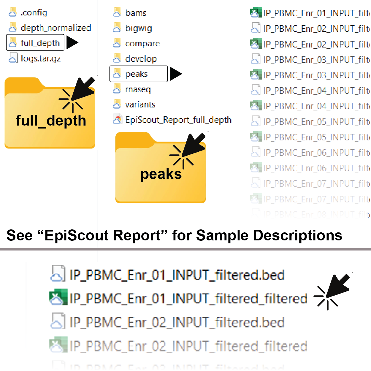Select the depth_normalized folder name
pyautogui.click(x=56, y=28)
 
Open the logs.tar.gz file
pyautogui.click(x=41, y=58)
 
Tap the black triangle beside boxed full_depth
pyautogui.click(x=72, y=42)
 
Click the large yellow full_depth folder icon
pyautogui.click(x=50, y=116)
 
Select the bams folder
pyautogui.click(x=136, y=13)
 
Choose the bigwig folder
pyautogui.click(x=138, y=28)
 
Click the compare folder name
pyautogui.click(x=142, y=44)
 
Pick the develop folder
pyautogui.click(x=141, y=59)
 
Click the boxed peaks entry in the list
pyautogui.click(x=139, y=74)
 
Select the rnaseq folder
pyautogui.click(x=138, y=89)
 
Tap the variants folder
pyautogui.click(x=140, y=104)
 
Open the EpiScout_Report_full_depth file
pyautogui.click(x=178, y=120)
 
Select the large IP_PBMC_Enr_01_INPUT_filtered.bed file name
pyautogui.click(x=177, y=275)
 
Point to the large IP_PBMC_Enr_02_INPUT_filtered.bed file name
pyautogui.click(x=177, y=322)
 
